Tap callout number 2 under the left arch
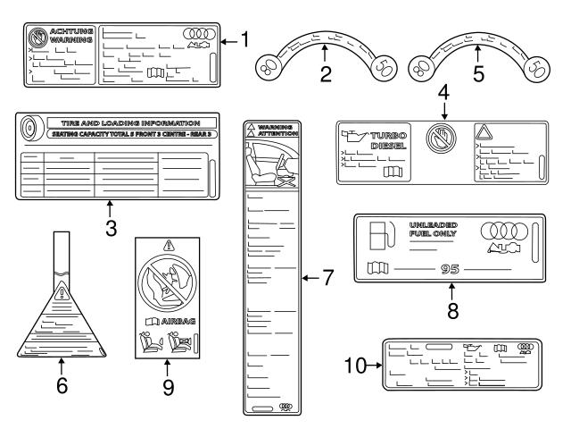pos(326,76)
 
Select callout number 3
pos(111,228)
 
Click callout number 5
pos(477,76)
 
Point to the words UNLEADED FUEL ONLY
pos(433,229)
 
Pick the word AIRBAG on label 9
pos(176,319)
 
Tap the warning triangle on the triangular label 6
pos(62,292)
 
